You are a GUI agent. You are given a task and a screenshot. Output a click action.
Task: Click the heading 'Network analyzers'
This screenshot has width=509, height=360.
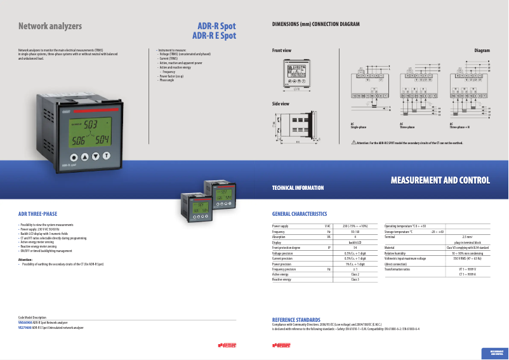coord(50,27)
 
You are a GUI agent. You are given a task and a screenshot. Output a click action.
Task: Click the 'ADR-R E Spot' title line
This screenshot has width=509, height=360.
coord(214,36)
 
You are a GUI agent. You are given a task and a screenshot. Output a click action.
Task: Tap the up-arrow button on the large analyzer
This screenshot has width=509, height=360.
coord(95,156)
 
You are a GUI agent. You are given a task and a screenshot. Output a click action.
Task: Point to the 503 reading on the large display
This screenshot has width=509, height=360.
coord(91,124)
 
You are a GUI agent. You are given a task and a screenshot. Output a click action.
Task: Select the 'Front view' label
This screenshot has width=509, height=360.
coord(282,50)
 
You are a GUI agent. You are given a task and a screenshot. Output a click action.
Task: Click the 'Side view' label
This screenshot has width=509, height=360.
coord(281,103)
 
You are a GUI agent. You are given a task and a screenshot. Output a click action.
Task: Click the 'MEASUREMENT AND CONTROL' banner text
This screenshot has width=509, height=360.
coord(440,181)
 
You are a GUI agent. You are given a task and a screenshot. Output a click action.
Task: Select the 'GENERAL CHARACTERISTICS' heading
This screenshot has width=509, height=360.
coord(300,214)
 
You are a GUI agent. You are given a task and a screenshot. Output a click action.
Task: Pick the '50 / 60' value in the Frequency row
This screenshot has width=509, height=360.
coord(355,232)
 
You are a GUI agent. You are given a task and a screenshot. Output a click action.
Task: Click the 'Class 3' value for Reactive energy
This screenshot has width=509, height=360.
coord(355,279)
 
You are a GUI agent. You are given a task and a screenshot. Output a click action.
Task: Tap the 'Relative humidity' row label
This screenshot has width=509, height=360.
coord(395,253)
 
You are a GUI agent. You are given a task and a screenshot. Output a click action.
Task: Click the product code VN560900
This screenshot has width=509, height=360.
coord(25,323)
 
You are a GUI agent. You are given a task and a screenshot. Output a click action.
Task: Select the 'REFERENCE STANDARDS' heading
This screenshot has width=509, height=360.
coord(296,319)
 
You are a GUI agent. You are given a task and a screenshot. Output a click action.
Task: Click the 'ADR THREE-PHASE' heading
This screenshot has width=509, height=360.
coord(37,214)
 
